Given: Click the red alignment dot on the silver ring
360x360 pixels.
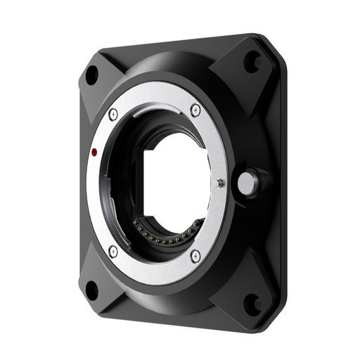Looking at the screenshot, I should click(x=94, y=152).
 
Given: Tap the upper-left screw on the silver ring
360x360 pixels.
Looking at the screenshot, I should click(x=113, y=115).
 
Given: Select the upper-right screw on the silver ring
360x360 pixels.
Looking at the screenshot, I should click(x=195, y=110).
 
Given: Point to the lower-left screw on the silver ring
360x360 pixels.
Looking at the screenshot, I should click(x=113, y=250).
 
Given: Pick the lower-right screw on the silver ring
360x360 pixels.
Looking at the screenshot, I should click(x=195, y=255).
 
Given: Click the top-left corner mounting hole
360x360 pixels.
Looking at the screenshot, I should click(x=91, y=75).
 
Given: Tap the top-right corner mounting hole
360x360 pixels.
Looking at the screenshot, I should click(x=251, y=62).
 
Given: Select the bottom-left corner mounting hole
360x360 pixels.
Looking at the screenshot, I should click(x=91, y=288).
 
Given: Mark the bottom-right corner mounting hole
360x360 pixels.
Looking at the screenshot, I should click(x=251, y=304).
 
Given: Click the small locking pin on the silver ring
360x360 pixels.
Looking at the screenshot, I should click(x=220, y=183).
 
